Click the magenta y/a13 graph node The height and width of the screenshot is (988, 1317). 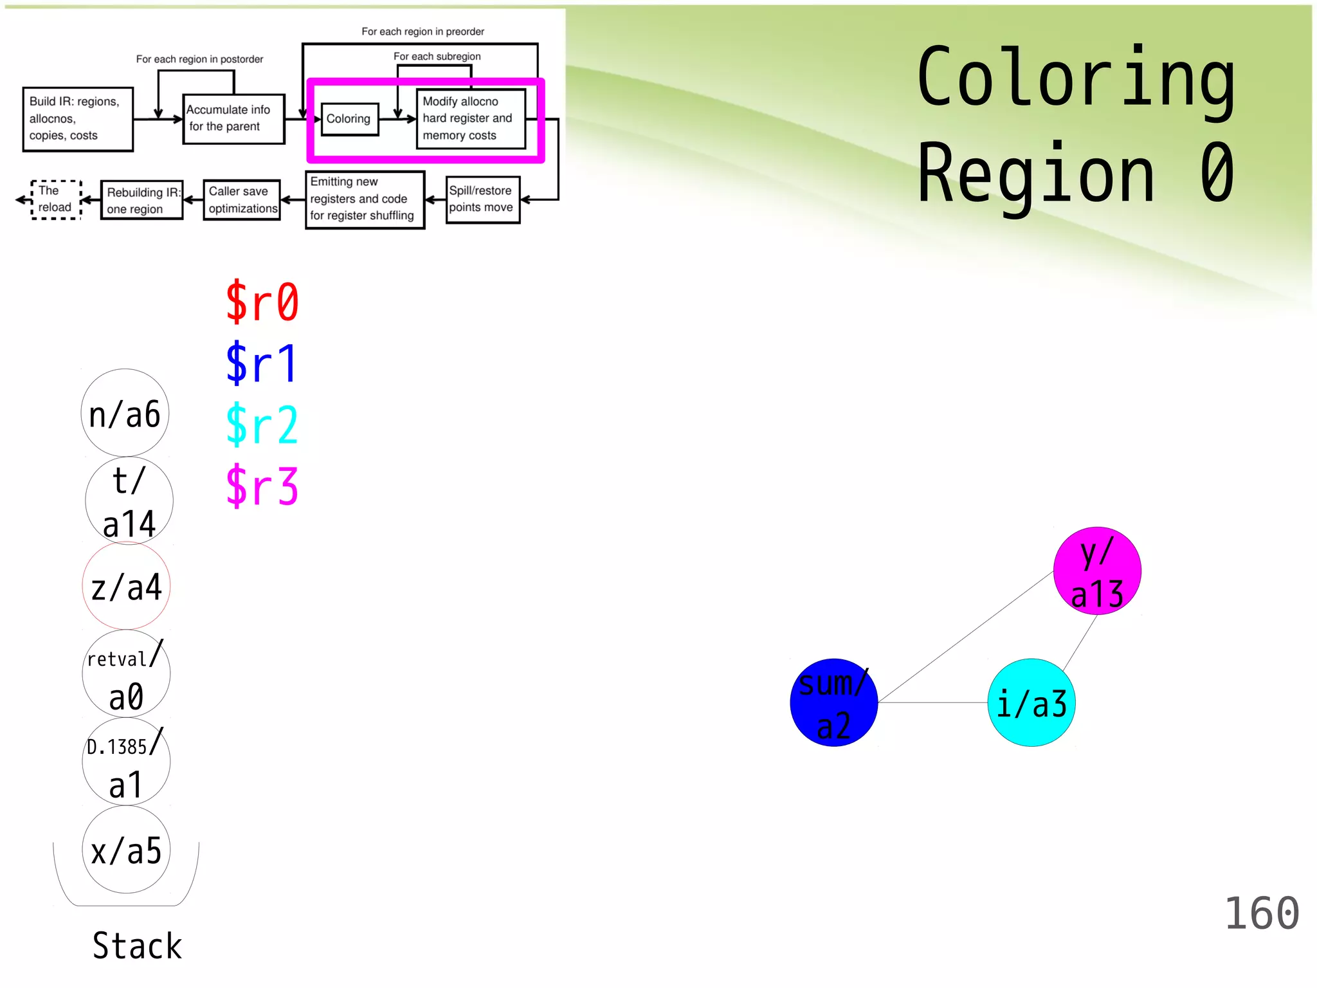coord(1097,571)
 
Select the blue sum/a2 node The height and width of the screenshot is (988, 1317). coord(833,702)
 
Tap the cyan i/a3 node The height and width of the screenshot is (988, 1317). coord(1031,702)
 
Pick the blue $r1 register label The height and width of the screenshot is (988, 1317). coord(262,363)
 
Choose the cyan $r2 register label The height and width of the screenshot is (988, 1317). coord(262,425)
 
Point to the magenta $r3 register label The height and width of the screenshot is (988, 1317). coord(262,486)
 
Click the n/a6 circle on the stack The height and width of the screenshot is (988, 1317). coord(125,413)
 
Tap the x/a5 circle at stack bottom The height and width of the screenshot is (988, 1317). coord(126,850)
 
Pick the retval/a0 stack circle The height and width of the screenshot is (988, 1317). coord(126,674)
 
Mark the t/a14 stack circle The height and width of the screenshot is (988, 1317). coord(129,500)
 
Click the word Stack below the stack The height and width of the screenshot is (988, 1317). coord(137,946)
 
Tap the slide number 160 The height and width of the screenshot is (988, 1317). coord(1262,913)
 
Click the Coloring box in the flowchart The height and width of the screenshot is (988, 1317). coord(349,119)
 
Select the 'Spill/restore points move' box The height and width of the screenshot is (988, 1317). coord(482,199)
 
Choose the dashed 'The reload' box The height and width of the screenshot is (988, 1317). coord(56,199)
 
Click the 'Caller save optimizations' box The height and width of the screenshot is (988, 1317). coord(242,200)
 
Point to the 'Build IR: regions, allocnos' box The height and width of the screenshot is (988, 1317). coord(78,119)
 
